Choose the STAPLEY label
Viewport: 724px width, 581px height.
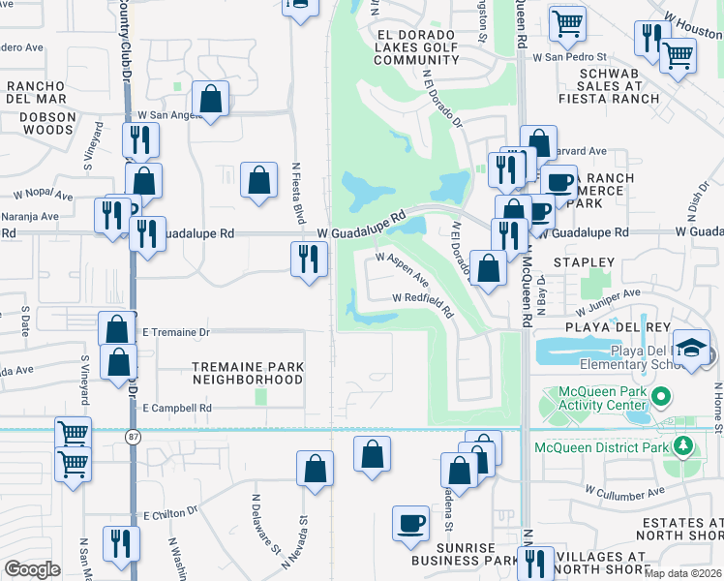(583, 262)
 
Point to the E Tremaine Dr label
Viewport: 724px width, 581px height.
(176, 332)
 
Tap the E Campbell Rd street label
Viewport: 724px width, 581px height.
(176, 409)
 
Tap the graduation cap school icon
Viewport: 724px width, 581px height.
(693, 347)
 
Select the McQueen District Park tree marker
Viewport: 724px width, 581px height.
(683, 446)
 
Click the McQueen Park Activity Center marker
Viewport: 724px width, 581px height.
(662, 396)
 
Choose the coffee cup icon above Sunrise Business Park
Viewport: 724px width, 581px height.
(411, 522)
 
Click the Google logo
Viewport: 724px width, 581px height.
(32, 569)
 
